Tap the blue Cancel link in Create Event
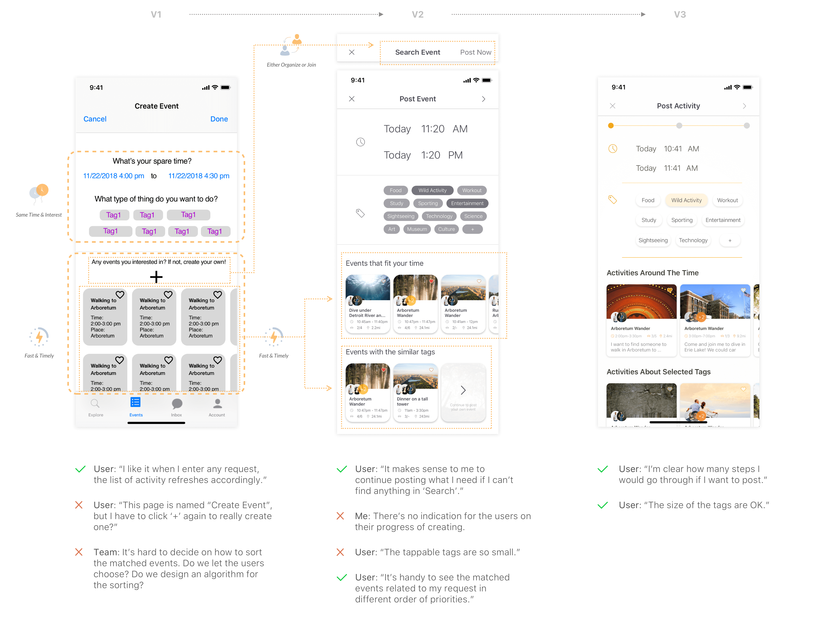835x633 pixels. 95,119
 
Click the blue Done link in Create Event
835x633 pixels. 219,119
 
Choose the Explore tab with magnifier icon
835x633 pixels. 96,407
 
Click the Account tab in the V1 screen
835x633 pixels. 217,407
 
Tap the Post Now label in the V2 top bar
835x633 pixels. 475,52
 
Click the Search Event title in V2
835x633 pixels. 417,52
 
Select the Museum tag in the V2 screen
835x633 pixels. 417,229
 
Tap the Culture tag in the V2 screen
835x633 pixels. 446,229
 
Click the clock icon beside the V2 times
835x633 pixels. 361,142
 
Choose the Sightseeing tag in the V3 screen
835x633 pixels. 653,240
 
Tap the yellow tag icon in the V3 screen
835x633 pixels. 612,199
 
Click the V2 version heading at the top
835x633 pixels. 417,14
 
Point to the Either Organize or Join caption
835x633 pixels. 291,65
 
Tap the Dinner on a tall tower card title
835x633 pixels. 412,401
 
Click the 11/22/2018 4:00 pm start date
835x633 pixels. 114,176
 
